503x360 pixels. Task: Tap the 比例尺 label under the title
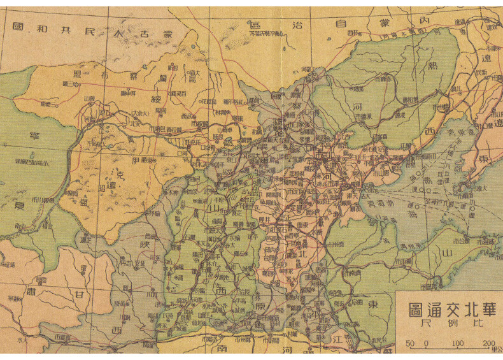448,324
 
